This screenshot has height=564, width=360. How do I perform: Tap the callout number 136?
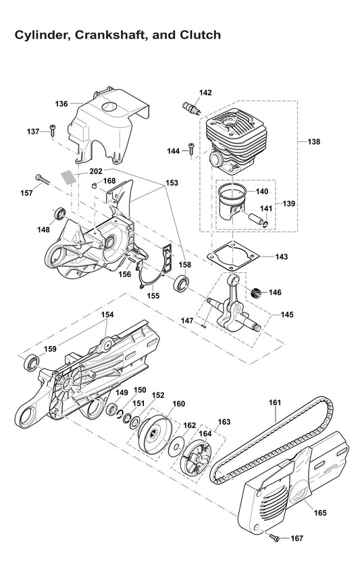coord(61,104)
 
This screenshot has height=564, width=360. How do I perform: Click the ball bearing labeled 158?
coord(182,282)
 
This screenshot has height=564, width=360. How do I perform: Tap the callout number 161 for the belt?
coord(274,403)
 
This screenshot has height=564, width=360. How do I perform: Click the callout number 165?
coord(320,513)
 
